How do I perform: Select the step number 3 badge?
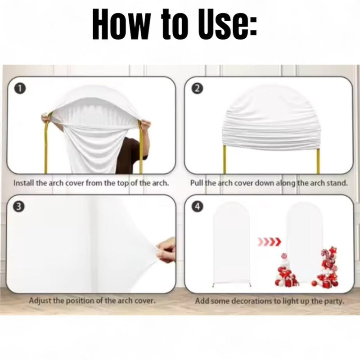point(19,207)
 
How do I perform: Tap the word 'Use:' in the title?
point(228,24)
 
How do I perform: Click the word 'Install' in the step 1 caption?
point(24,183)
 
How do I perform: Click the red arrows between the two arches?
point(269,241)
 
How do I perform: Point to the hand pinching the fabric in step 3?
point(166,250)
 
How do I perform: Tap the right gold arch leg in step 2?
point(318,161)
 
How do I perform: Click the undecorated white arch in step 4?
point(232,244)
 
